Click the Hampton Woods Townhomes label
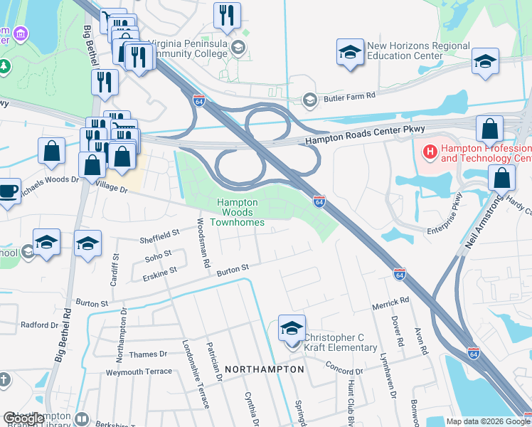[x=241, y=213]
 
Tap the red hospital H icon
[x=430, y=151]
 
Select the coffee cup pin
[x=8, y=191]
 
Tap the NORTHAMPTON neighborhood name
[x=265, y=369]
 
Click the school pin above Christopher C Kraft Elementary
[x=292, y=328]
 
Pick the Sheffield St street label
[x=160, y=234]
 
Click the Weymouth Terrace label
[x=139, y=371]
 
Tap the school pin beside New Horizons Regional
[x=350, y=53]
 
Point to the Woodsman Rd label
[x=204, y=243]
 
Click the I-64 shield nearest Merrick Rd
[x=400, y=274]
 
